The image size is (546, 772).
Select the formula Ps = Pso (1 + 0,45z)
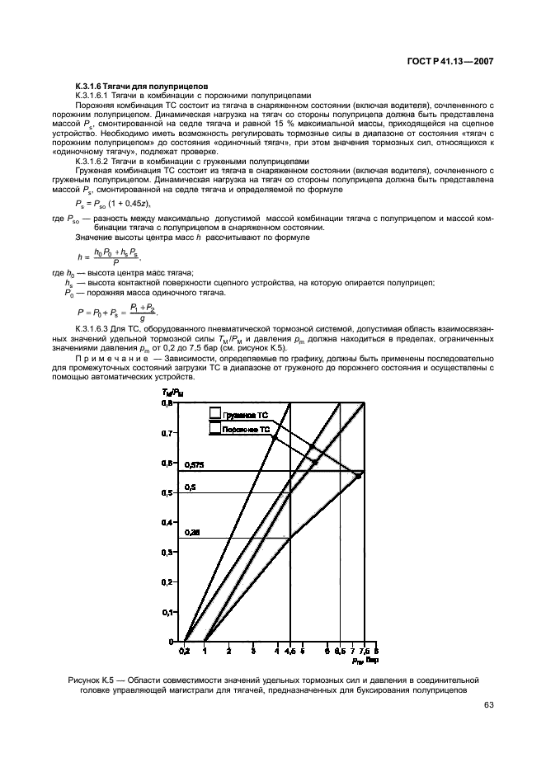click(125, 203)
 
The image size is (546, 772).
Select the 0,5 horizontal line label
click(190, 487)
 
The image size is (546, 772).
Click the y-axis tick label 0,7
click(167, 433)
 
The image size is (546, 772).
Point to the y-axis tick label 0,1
click(167, 612)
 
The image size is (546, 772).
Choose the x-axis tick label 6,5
click(340, 651)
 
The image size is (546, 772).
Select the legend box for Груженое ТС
click(215, 414)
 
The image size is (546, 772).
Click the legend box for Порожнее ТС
click(215, 429)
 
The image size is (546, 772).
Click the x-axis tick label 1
click(205, 651)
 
